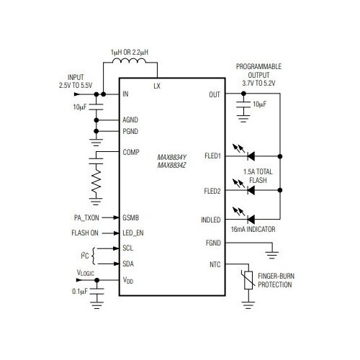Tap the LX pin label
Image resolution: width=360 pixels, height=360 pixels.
tap(157, 86)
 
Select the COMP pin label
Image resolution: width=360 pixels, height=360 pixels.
tap(130, 152)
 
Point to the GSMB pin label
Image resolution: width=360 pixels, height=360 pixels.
tap(132, 217)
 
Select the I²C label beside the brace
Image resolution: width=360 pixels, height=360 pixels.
tap(85, 256)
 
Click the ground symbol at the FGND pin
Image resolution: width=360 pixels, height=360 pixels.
tap(271, 251)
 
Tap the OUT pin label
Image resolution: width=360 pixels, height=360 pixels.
tap(215, 94)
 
